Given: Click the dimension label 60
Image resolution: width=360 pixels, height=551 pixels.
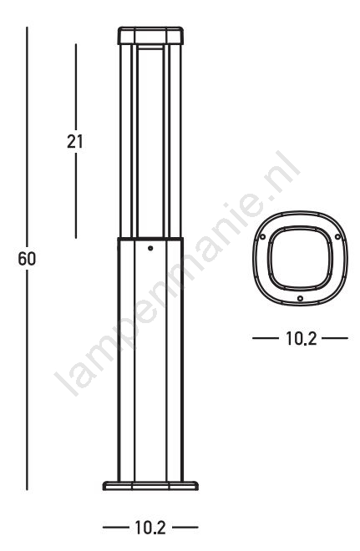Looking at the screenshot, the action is coord(27,260).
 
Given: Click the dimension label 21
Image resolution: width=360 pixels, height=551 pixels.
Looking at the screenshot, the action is coord(75,142).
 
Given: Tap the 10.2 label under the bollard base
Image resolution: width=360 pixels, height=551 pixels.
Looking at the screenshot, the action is coord(150,528).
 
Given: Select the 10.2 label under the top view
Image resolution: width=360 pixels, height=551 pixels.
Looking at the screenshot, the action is coord(302,338).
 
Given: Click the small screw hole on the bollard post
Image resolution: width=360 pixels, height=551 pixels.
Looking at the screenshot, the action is coord(150,249).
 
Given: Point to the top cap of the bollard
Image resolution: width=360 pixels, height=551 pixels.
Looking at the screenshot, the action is coord(150,36).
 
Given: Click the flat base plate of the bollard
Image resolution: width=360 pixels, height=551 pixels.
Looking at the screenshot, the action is coord(150,486).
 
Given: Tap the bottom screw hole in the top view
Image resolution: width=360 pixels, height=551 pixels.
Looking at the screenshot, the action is coord(300,298).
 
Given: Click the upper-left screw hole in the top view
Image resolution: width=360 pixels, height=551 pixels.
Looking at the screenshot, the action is coord(262,237).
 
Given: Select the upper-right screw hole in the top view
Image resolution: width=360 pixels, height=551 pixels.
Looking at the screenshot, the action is coord(337,237).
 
